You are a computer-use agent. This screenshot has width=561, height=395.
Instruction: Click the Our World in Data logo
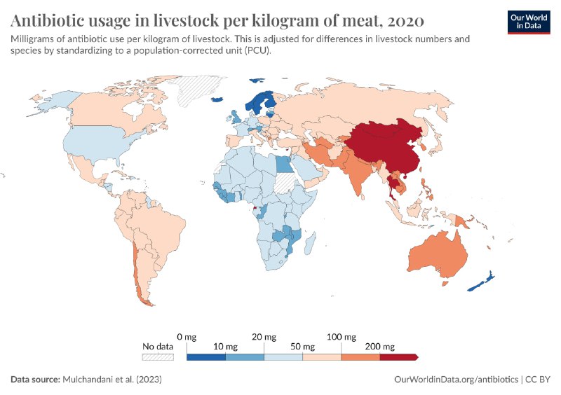[x=529, y=21]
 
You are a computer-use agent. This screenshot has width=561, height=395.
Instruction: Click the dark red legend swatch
[x=398, y=357]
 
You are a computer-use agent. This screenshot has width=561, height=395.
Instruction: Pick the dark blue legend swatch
[x=206, y=357]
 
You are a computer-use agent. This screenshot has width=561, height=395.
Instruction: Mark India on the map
[x=361, y=179]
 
